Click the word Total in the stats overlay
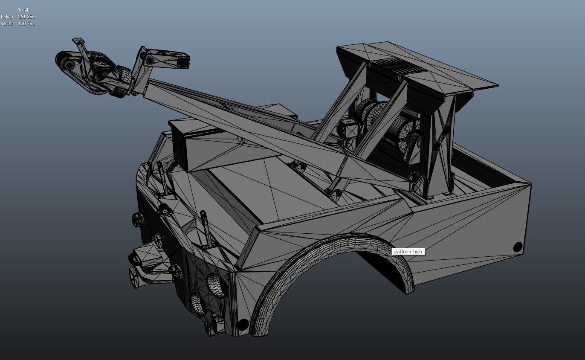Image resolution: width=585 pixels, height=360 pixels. tap(23, 10)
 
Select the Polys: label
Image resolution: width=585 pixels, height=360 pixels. tap(7, 17)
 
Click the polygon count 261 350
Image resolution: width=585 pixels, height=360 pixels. tap(26, 17)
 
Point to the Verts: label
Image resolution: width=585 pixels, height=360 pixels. tap(7, 23)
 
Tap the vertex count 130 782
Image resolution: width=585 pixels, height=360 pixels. tap(26, 23)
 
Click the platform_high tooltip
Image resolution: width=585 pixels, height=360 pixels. tap(408, 252)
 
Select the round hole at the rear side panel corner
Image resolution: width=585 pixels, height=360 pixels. tap(518, 247)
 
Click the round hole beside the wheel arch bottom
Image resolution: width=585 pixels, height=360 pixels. tap(243, 325)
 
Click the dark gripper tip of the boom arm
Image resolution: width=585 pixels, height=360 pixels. tap(183, 62)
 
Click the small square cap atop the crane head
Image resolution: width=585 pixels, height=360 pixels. tap(78, 41)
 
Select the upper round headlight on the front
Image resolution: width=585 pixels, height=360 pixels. tap(217, 285)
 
